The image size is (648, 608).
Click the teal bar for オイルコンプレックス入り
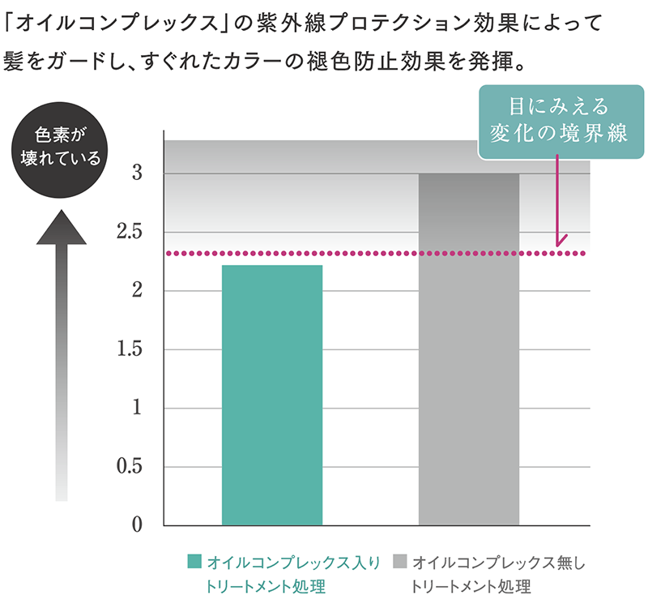tap(271, 395)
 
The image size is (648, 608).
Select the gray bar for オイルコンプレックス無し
tap(469, 349)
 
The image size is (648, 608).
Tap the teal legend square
tap(194, 562)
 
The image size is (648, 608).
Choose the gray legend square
tap(399, 562)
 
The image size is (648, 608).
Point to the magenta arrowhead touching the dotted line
tap(559, 241)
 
